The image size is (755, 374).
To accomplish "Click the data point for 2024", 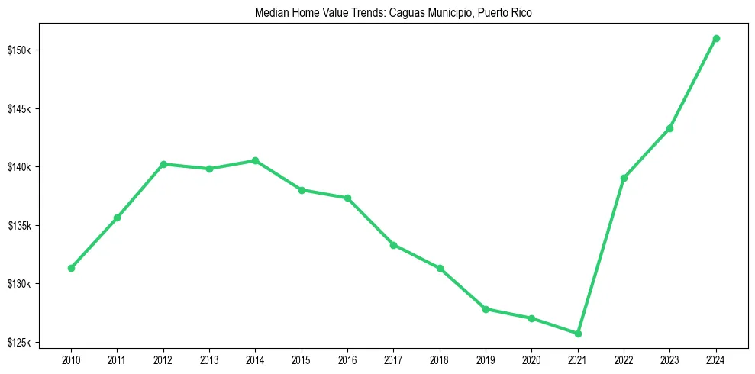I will (716, 38).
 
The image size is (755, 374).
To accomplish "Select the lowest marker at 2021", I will (578, 334).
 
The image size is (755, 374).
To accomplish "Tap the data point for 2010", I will (71, 268).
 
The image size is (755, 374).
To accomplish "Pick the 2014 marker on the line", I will (255, 160).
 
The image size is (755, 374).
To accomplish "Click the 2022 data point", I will (624, 178).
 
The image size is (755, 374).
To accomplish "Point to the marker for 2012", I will (163, 164).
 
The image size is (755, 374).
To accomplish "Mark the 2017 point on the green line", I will (393, 244).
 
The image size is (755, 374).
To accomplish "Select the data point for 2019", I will (486, 309).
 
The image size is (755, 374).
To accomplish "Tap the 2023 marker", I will (669, 128).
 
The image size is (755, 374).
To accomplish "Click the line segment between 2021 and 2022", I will (601, 256).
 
